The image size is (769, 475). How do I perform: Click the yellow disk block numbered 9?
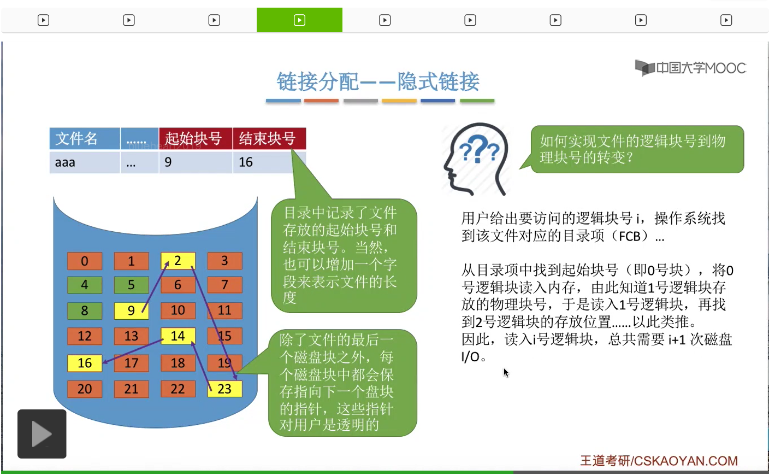(131, 310)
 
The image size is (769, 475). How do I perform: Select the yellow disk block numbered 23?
(224, 389)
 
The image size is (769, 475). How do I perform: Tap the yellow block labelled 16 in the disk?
(85, 363)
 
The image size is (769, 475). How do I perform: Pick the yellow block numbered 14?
(178, 336)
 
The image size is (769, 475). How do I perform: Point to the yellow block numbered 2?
(178, 261)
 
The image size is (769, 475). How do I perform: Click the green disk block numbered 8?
(85, 310)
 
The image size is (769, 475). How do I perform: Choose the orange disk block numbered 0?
(85, 261)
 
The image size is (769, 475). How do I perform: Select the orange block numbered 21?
(131, 389)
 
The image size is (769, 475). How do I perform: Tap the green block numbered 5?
(131, 285)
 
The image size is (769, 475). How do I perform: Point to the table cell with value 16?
(268, 162)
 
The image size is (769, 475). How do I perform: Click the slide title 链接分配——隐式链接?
(378, 82)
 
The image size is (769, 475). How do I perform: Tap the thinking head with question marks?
(477, 159)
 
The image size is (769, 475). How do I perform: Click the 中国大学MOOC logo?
(690, 68)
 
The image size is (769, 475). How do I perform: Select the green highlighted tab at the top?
(299, 20)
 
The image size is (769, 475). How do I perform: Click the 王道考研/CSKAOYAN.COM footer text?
(659, 461)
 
